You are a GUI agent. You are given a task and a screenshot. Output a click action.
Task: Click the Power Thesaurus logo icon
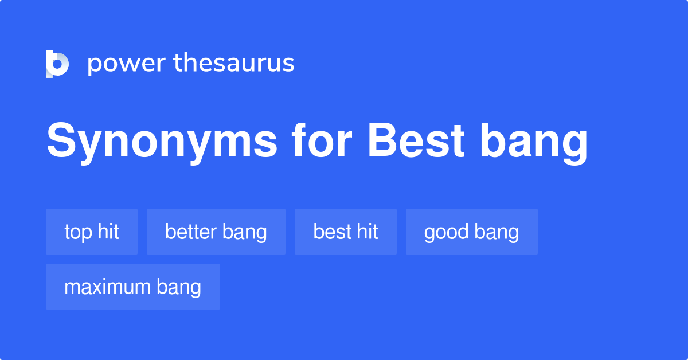point(57,64)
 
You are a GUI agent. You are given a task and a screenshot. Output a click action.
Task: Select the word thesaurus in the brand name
point(234,63)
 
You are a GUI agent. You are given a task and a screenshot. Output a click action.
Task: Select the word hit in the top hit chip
point(108,232)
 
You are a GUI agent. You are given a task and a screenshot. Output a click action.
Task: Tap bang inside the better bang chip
point(245,233)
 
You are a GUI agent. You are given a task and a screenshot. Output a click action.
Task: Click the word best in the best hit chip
point(330,232)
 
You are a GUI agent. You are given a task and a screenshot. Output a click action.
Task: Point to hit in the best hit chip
point(367,232)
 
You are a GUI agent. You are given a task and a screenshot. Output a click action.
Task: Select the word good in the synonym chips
point(445,232)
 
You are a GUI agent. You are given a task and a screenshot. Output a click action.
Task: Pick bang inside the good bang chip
point(497,233)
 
